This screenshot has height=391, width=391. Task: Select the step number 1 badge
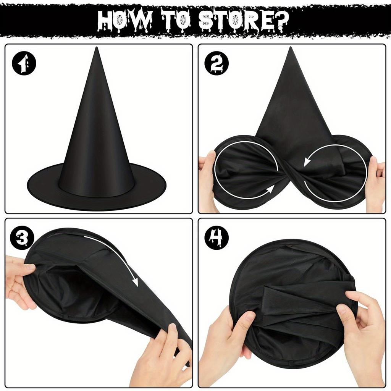(x=24, y=63)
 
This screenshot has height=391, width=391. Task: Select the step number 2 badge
(x=217, y=63)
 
